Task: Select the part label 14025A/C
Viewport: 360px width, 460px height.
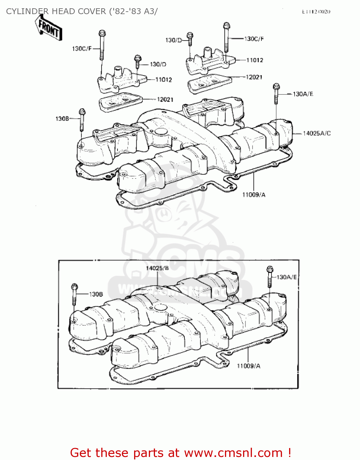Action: click(x=316, y=133)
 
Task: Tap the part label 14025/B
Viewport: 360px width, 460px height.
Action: click(x=157, y=268)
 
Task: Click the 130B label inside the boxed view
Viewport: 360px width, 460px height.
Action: click(x=96, y=294)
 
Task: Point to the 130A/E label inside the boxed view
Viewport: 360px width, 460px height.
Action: click(x=287, y=277)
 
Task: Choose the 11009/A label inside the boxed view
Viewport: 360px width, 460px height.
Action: click(x=248, y=366)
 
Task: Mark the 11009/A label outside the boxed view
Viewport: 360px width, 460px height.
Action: click(x=254, y=195)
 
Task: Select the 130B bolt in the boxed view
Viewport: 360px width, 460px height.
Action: click(x=74, y=294)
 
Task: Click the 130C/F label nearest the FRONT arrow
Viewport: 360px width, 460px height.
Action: click(x=82, y=49)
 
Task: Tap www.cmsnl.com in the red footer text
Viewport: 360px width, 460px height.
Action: click(x=233, y=453)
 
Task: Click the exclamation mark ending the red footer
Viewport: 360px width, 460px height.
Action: click(x=289, y=453)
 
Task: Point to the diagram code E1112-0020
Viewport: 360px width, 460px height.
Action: click(x=316, y=12)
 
